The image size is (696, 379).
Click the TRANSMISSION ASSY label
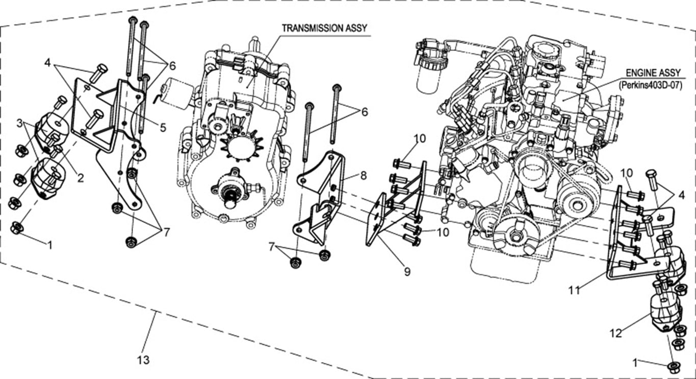[324, 29]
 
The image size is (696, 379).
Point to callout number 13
[143, 360]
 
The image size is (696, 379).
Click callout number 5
[163, 128]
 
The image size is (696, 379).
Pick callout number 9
[407, 272]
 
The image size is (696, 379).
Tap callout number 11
[574, 291]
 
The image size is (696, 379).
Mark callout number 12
[615, 333]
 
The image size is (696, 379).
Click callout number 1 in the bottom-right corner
[634, 363]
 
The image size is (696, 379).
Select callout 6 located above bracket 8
[364, 112]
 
